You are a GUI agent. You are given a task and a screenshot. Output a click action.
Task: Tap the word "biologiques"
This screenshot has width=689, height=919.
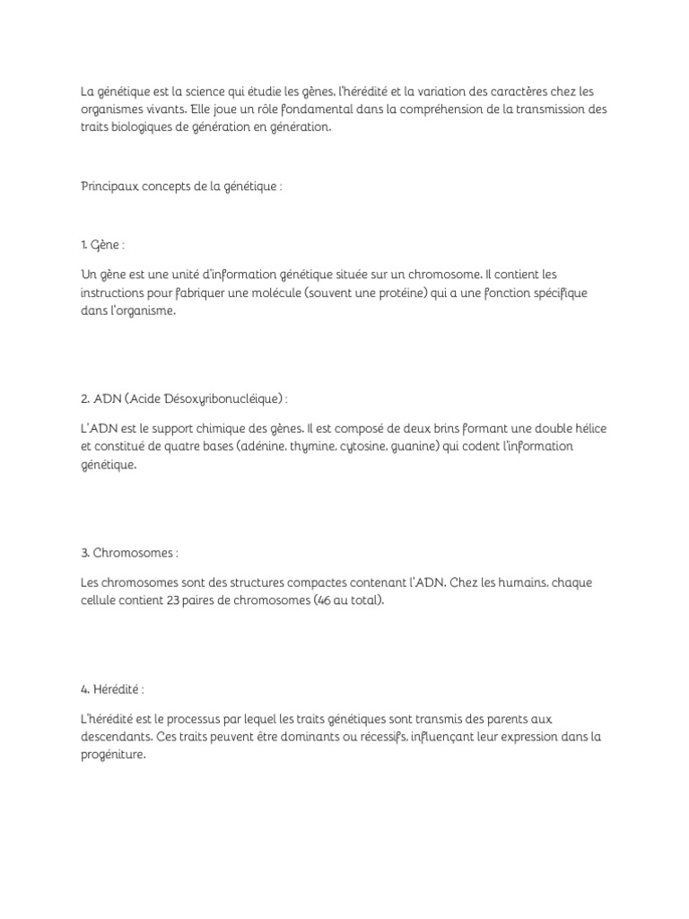coord(143,127)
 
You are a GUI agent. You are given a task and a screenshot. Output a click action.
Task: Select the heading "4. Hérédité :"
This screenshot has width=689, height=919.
coord(112,688)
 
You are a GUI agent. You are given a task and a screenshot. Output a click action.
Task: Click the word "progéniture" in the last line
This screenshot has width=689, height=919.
coord(112,755)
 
